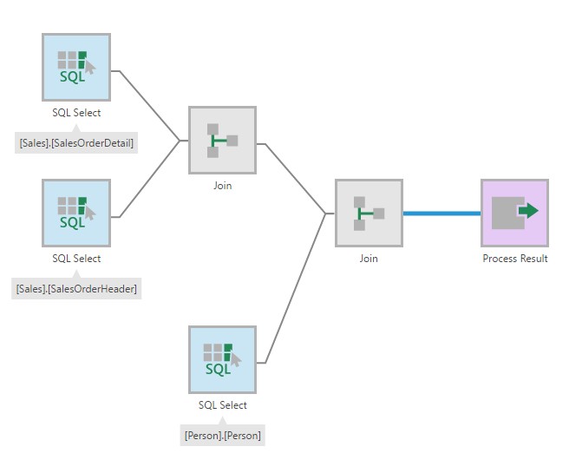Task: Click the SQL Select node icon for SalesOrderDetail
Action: pos(76,67)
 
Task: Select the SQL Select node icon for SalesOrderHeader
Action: pos(76,213)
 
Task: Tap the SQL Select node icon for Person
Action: pos(222,359)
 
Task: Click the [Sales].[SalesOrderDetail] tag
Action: pos(76,142)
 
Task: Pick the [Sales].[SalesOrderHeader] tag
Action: pos(76,288)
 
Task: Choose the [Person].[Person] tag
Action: pos(222,434)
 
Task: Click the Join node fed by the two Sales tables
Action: pos(222,140)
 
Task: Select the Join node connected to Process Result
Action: pos(369,213)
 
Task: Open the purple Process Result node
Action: pos(514,213)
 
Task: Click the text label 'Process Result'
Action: pos(514,259)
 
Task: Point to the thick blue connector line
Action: pos(441,213)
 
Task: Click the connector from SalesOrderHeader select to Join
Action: pos(149,179)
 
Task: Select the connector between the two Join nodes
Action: pos(295,178)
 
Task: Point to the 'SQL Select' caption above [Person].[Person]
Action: pos(222,405)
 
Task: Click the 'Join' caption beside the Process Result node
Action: pos(369,259)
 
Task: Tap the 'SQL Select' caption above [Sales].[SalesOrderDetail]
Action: pos(76,113)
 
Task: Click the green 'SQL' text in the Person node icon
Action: pos(218,370)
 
